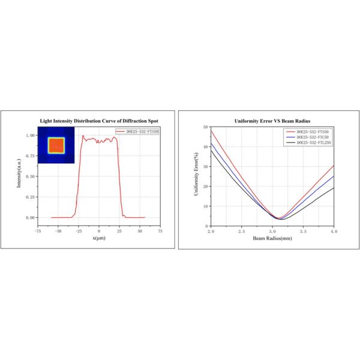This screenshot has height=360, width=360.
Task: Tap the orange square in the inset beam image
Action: [x=55, y=145]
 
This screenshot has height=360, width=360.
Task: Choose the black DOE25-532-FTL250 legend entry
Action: [x=311, y=143]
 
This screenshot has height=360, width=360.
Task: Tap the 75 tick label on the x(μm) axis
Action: [x=159, y=230]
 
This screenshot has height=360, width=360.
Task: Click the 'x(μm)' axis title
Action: [x=98, y=238]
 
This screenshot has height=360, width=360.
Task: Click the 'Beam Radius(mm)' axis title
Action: [x=272, y=238]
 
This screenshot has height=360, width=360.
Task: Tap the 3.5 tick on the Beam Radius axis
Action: [x=303, y=231]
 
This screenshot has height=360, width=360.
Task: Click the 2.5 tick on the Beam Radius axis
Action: [x=241, y=231]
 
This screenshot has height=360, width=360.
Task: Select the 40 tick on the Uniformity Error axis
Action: [x=205, y=146]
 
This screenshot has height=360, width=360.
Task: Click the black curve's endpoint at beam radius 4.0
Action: [x=334, y=188]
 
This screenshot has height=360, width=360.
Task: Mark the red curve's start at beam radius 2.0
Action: [x=211, y=130]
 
